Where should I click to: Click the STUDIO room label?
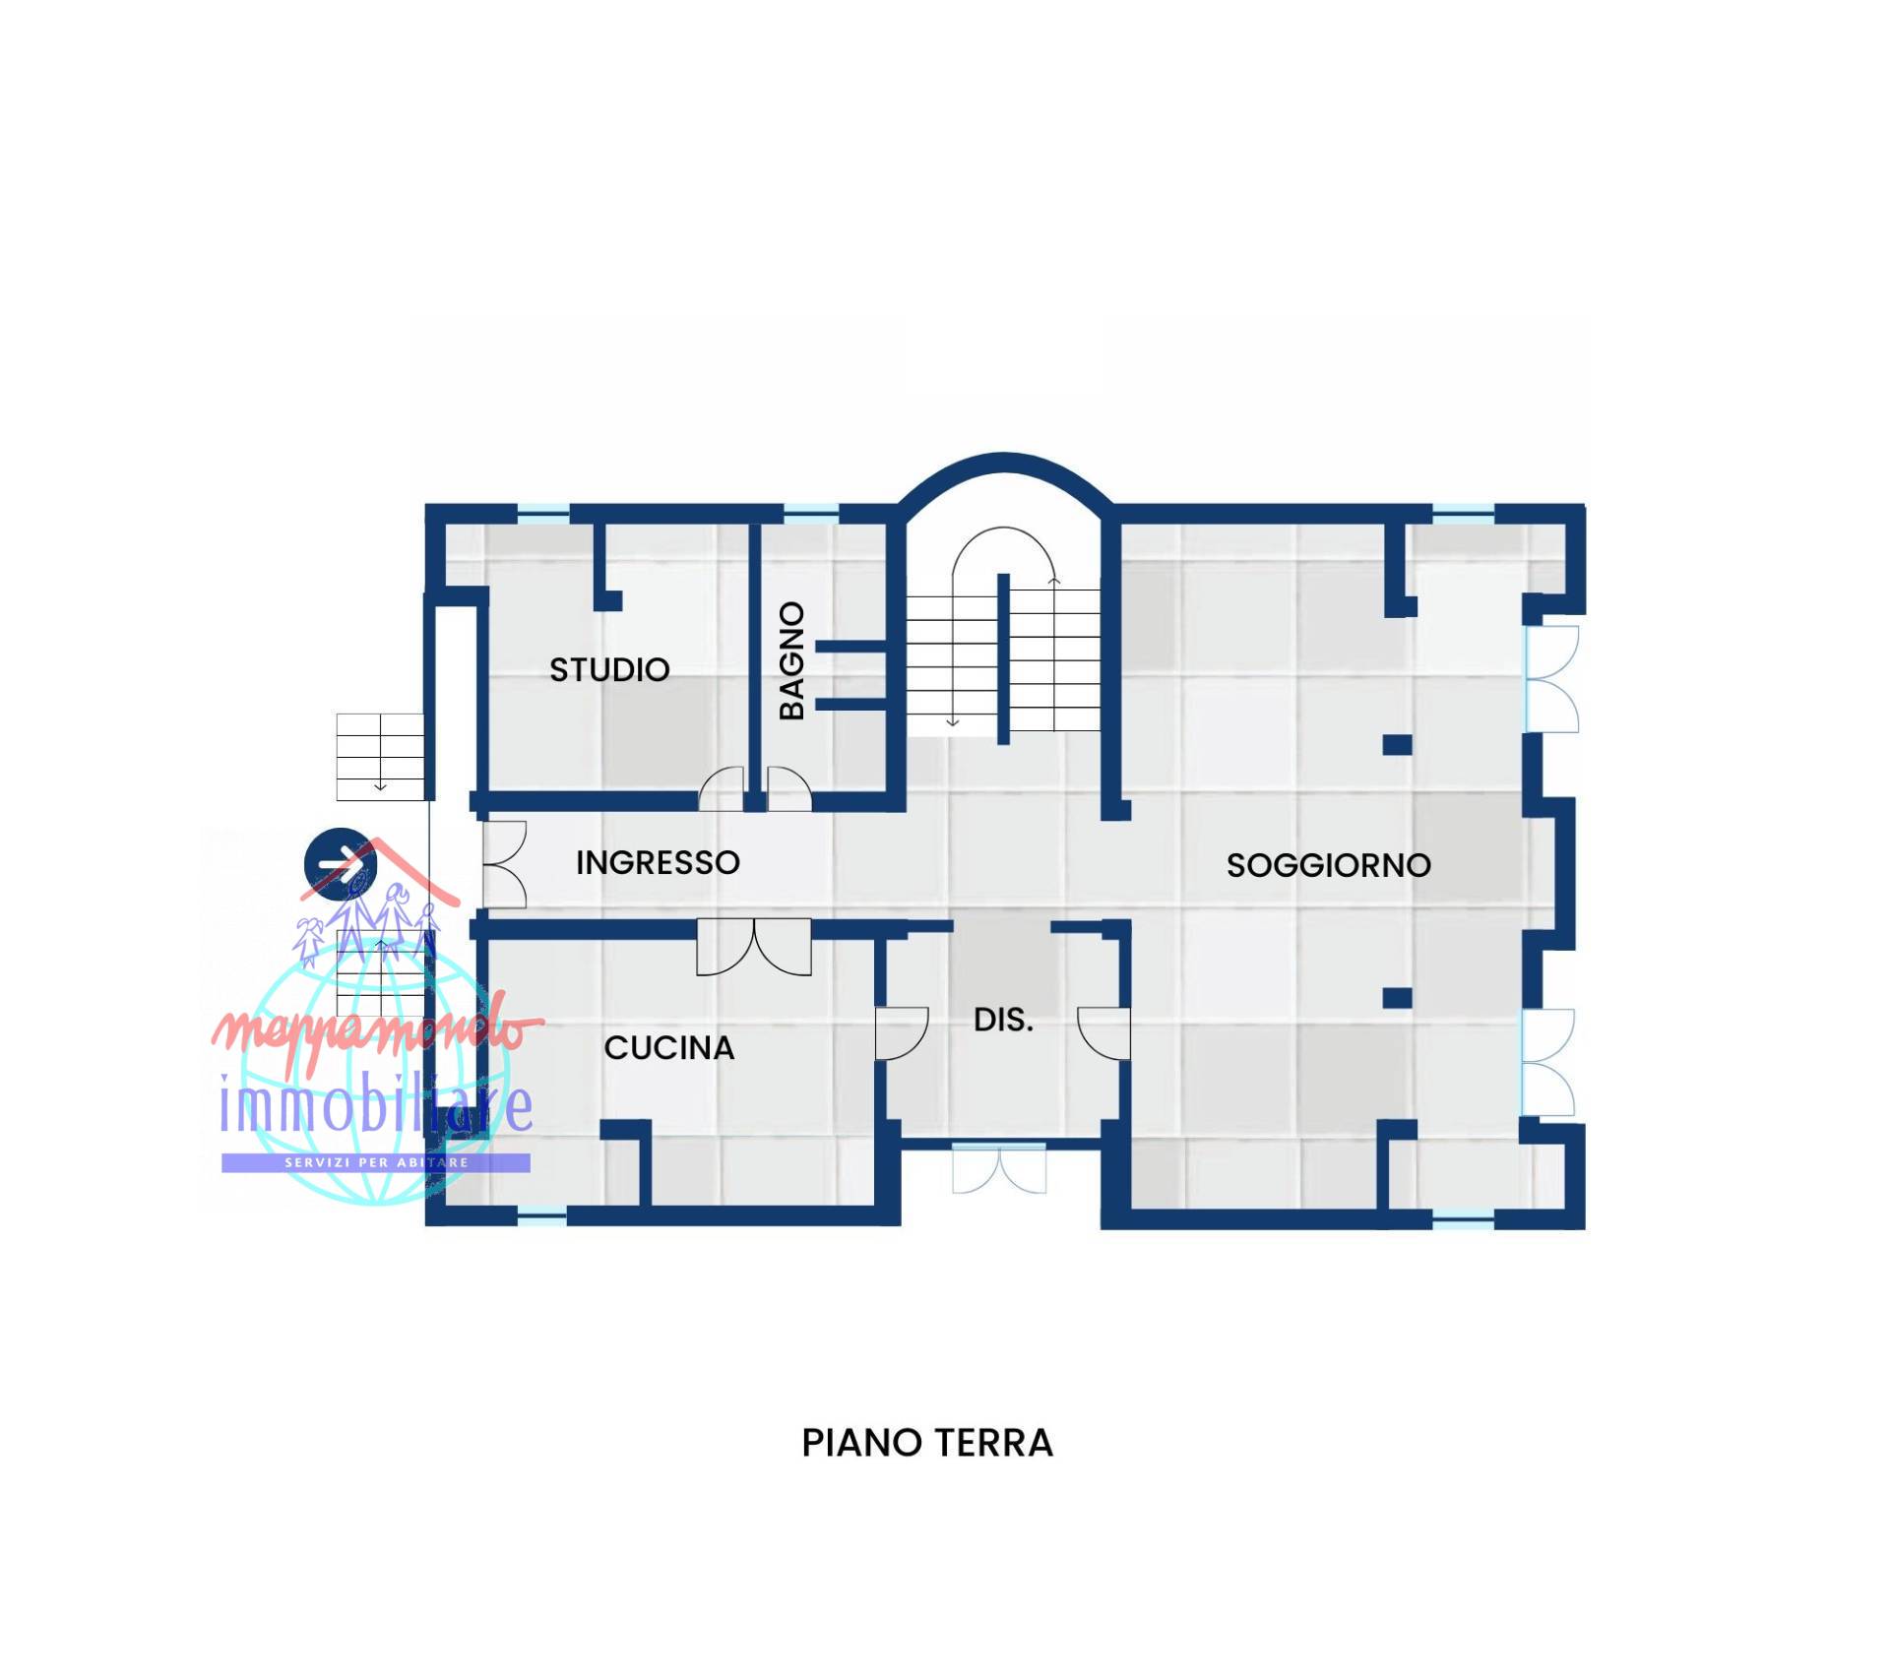tap(609, 670)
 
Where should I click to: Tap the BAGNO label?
tap(792, 660)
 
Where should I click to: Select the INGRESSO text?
tap(658, 863)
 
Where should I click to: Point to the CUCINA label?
tap(669, 1048)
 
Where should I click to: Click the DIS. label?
tap(1003, 1021)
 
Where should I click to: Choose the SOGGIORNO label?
tap(1328, 866)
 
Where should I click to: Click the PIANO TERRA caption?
tap(927, 1443)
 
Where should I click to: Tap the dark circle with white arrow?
tap(341, 863)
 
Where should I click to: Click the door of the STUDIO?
tap(722, 790)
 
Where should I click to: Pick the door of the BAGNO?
tap(789, 790)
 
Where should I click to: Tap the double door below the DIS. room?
tap(999, 1168)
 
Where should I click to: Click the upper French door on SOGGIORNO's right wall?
tap(1552, 679)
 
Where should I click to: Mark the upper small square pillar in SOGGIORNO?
tap(1397, 744)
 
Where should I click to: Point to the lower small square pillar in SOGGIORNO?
tap(1397, 998)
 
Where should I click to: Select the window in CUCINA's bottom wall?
tap(541, 1217)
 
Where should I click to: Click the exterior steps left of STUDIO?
tap(380, 756)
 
